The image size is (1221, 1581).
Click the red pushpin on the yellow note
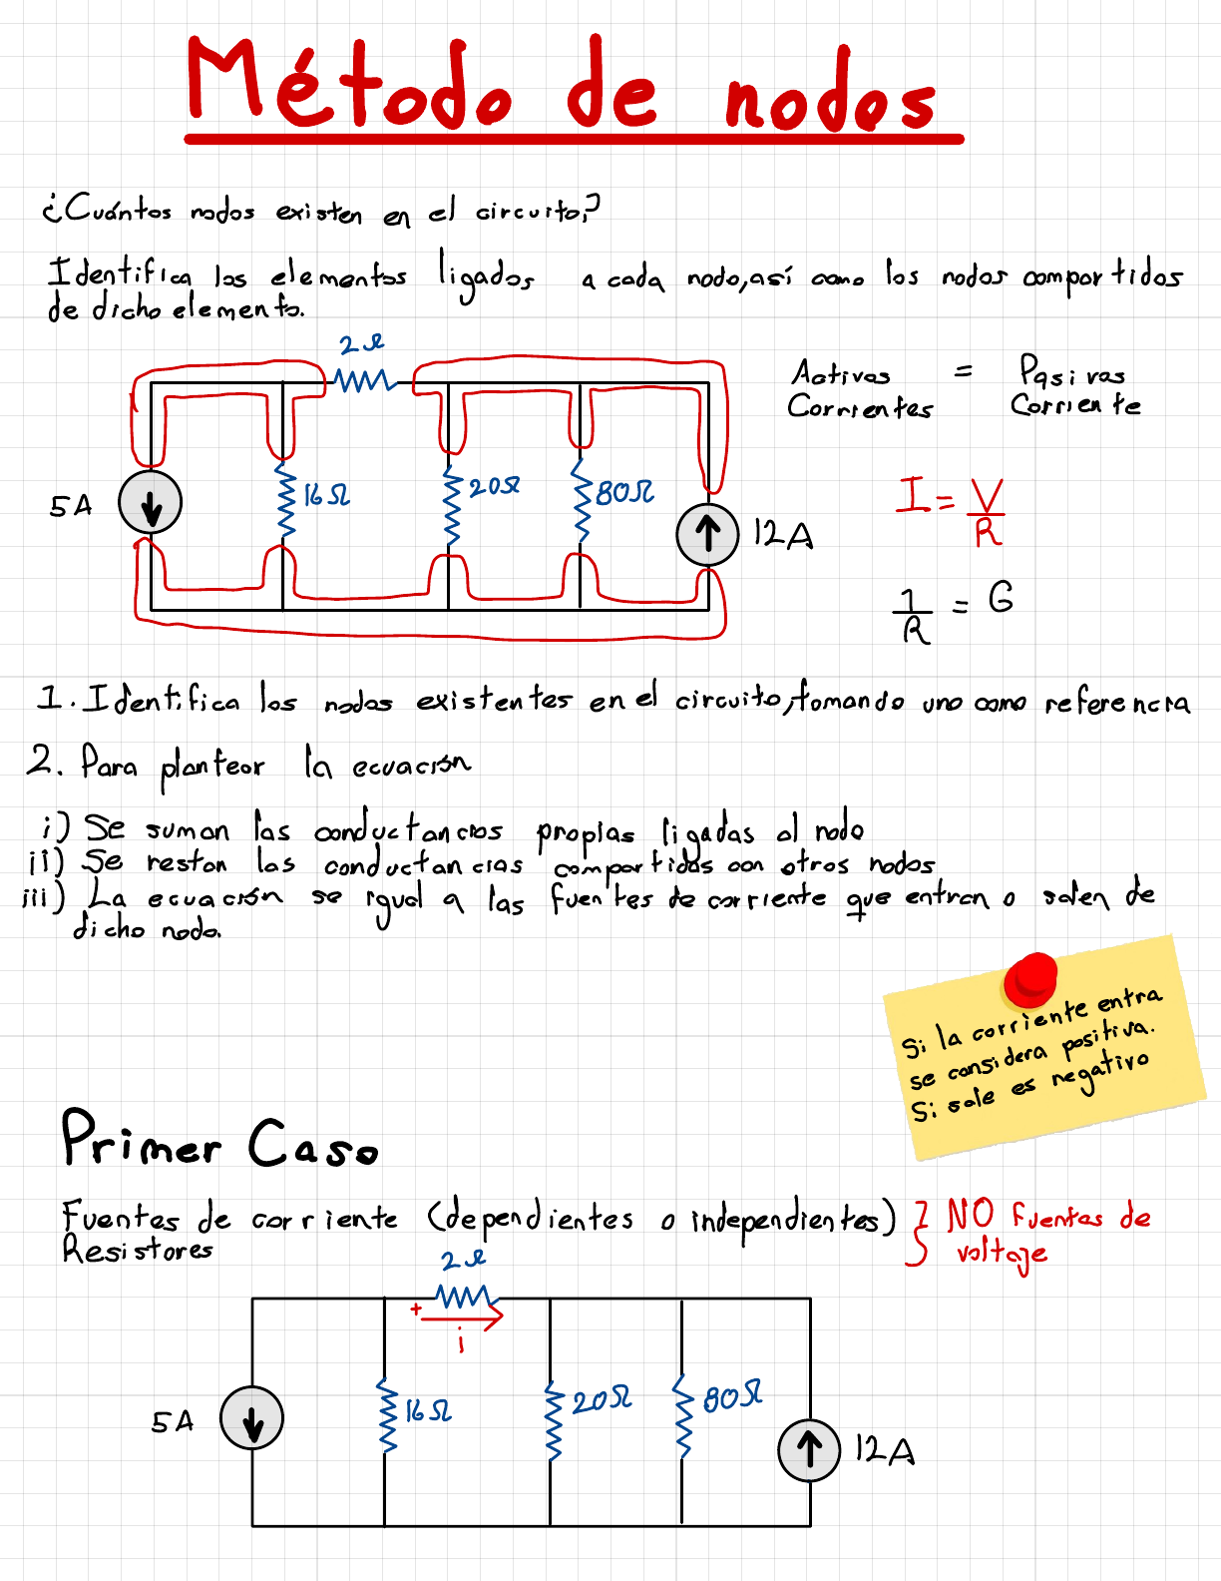coord(1030,978)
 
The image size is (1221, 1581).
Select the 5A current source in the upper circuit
coord(151,502)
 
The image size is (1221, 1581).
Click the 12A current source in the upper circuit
coord(707,534)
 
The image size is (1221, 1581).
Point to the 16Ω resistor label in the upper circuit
coord(326,495)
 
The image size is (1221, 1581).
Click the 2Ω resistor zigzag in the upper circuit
coord(364,380)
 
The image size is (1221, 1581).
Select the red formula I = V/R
coord(951,509)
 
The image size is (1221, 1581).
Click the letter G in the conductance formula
coord(1001,598)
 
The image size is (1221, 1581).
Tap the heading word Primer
coord(141,1139)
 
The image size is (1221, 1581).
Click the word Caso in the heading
coord(313,1144)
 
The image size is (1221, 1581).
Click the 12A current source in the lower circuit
coord(809,1449)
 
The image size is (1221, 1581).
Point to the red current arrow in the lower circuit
coord(462,1318)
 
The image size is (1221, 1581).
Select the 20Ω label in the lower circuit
coord(602,1400)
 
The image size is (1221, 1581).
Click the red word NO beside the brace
coord(970,1216)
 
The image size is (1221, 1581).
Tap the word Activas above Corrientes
coord(841,374)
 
